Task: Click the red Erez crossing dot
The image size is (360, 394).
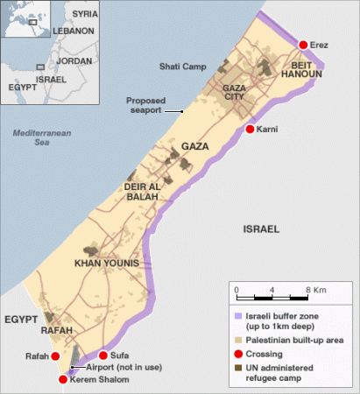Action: tap(304, 45)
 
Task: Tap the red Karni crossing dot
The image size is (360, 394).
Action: tap(250, 130)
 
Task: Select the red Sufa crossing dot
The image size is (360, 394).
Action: tap(103, 355)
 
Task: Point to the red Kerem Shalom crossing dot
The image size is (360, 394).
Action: tap(62, 379)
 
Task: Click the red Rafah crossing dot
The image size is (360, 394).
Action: tap(56, 356)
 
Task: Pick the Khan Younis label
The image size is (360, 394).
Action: tap(107, 264)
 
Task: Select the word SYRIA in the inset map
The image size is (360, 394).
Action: tap(85, 15)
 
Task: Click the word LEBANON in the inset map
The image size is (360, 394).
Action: tap(74, 32)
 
